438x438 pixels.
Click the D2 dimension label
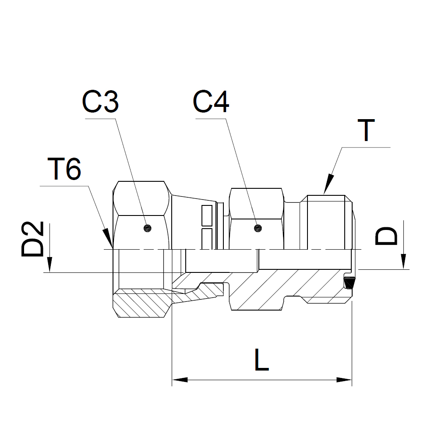pyautogui.click(x=33, y=239)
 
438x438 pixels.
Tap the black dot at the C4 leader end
pyautogui.click(x=258, y=228)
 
